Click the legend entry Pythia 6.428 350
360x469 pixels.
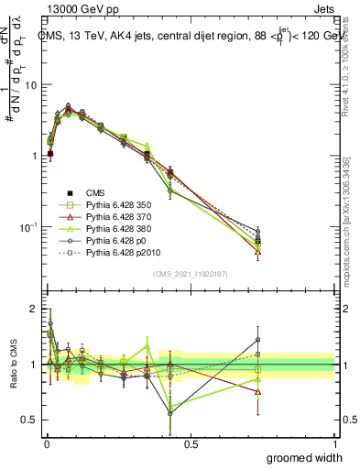point(115,205)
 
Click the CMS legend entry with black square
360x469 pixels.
point(96,192)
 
